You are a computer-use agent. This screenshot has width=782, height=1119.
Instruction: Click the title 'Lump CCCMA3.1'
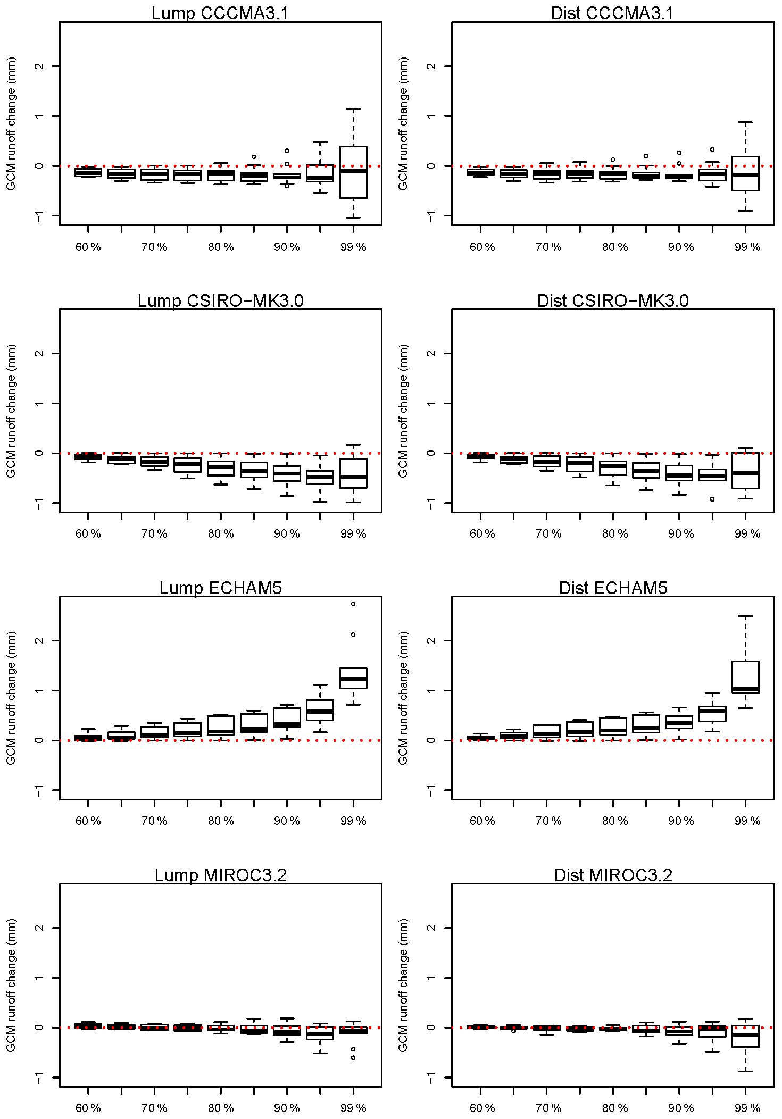[x=220, y=13]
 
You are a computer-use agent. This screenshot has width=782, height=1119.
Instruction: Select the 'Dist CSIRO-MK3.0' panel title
[x=613, y=300]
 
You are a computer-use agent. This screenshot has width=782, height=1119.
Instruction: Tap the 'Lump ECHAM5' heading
[x=220, y=588]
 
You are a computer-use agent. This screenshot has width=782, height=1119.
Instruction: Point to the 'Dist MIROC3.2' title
[x=613, y=875]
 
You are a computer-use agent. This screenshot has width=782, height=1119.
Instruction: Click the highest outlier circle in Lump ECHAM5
[x=353, y=604]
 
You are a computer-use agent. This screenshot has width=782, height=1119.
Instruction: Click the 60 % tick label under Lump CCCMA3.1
[x=88, y=247]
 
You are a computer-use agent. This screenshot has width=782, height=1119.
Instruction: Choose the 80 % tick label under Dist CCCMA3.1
[x=615, y=247]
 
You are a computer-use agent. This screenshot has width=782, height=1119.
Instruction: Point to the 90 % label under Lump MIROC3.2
[x=287, y=1108]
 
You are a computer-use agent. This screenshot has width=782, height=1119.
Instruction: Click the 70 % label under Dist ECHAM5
[x=548, y=821]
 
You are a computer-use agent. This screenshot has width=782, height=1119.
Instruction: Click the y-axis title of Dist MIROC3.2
[x=403, y=985]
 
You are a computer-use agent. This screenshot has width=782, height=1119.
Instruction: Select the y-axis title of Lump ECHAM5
[x=11, y=698]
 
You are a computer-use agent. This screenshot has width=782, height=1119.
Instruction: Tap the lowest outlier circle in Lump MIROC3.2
[x=353, y=1058]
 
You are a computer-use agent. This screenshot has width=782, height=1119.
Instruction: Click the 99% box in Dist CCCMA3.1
[x=745, y=174]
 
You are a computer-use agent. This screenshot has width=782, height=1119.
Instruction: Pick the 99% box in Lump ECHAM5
[x=353, y=678]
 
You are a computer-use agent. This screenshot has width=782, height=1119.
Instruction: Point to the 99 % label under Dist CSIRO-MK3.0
[x=747, y=534]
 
